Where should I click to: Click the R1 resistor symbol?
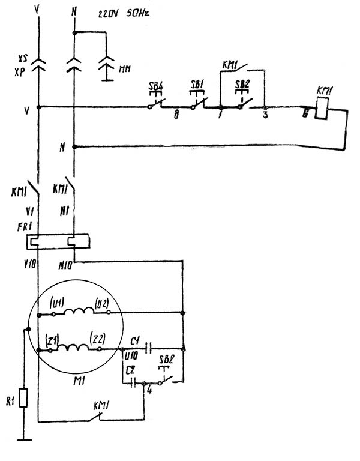[x=25, y=397]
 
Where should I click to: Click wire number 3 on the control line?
[x=265, y=116]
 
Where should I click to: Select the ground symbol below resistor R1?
[x=25, y=439]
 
